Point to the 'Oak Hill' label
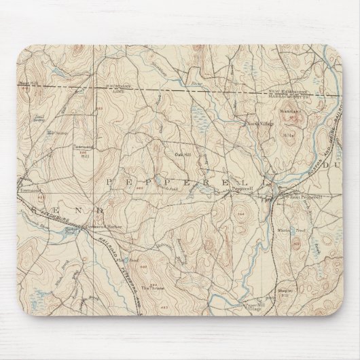tap(181, 153)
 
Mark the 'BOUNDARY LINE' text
tap(118, 89)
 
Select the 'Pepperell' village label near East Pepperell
tap(242, 190)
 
